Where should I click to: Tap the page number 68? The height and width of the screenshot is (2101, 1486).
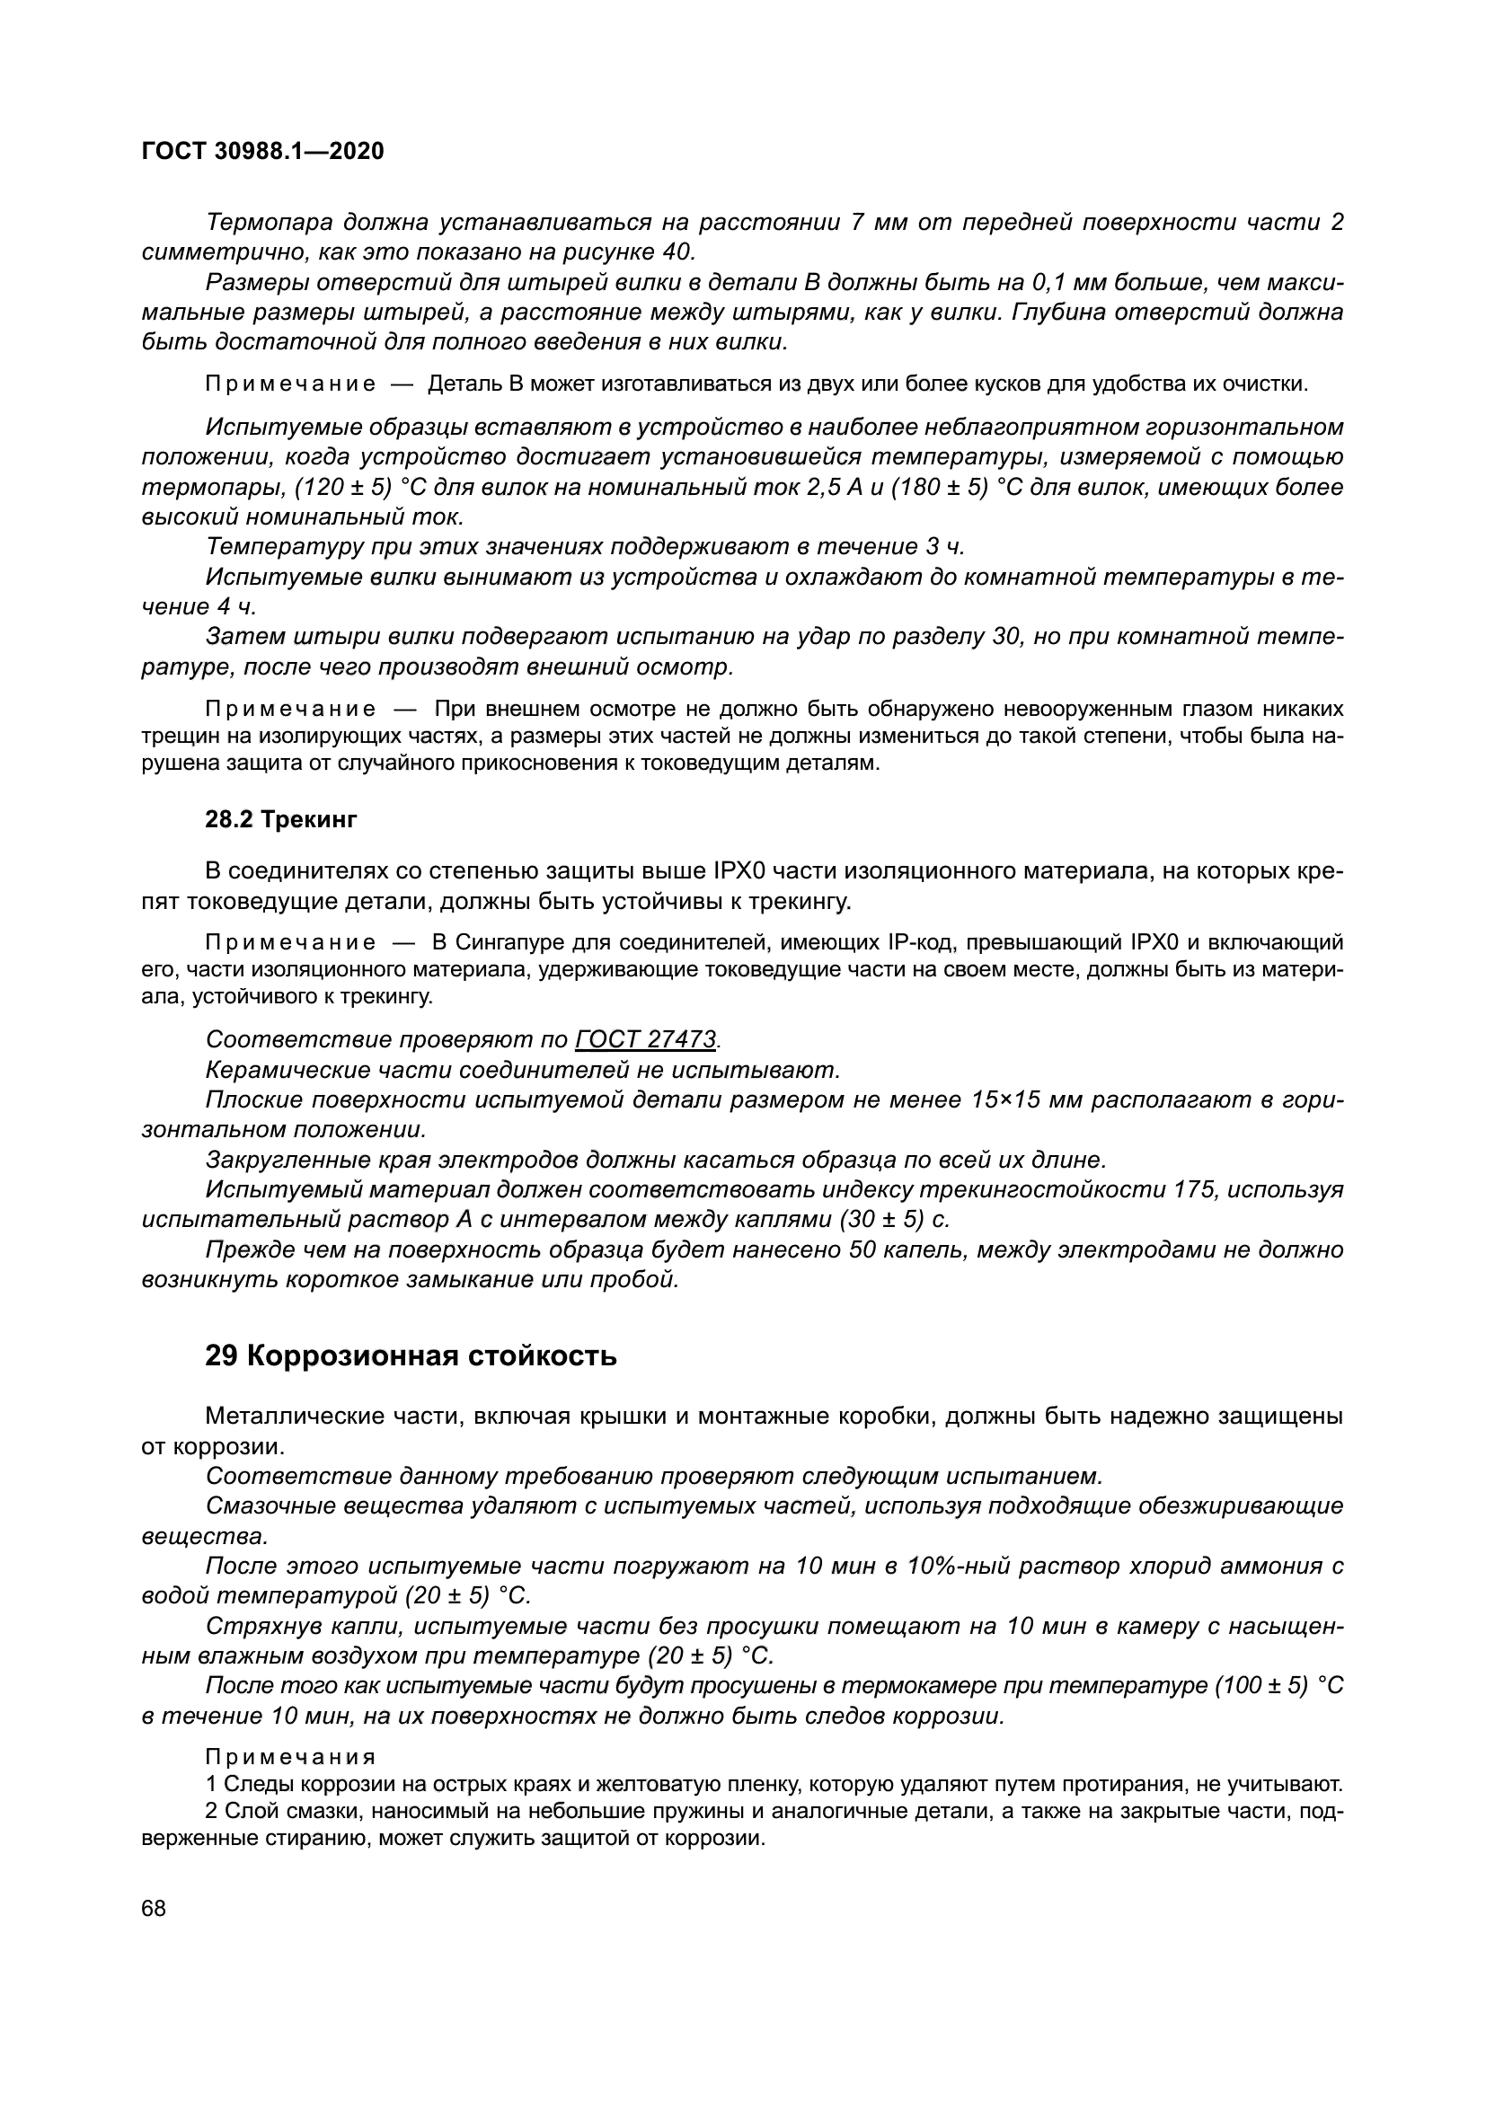tap(154, 1908)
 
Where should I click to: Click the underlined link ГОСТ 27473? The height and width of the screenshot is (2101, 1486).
tap(646, 1039)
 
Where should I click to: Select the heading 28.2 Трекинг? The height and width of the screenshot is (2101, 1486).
tap(281, 819)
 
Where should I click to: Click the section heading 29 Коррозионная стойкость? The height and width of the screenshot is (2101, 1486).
tap(411, 1356)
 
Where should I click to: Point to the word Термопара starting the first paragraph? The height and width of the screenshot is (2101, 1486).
tap(270, 223)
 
